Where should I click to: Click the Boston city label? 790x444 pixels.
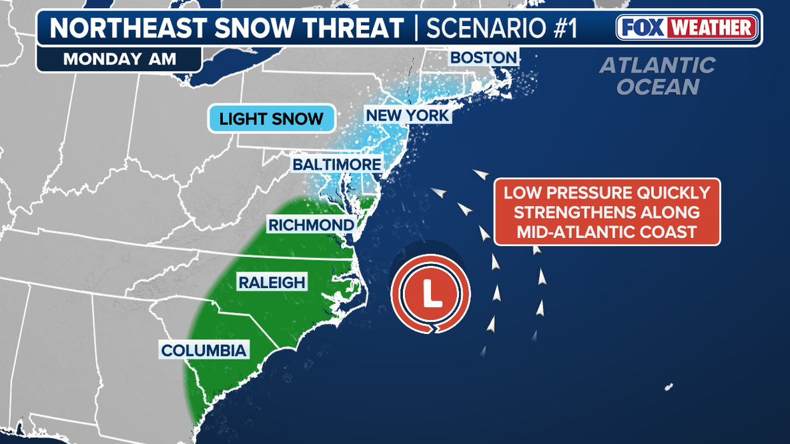[x=484, y=58]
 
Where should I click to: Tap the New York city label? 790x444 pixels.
[x=408, y=116]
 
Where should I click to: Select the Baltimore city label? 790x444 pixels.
[x=336, y=165]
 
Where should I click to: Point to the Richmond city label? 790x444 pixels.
[x=310, y=225]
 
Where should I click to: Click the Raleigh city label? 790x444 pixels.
[x=272, y=283]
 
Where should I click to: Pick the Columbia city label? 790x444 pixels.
[x=204, y=350]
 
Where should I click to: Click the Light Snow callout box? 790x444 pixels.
[x=271, y=120]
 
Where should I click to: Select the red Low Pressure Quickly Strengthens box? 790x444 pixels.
[x=607, y=212]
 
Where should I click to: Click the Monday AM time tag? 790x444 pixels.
[x=119, y=59]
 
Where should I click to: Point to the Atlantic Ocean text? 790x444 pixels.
[x=657, y=76]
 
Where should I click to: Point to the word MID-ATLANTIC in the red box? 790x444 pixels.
[x=579, y=231]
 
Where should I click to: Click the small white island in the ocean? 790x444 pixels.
[x=669, y=387]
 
